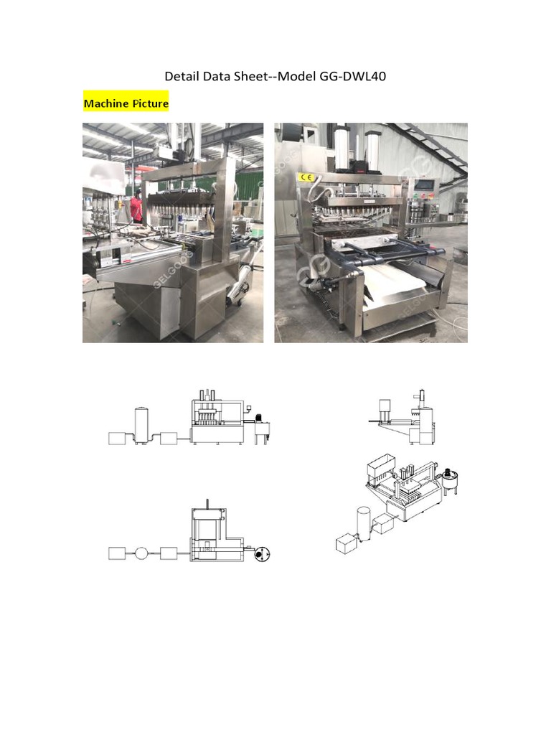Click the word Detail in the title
pos(181,76)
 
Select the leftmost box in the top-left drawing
pos(118,437)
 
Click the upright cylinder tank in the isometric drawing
pos(364,520)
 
